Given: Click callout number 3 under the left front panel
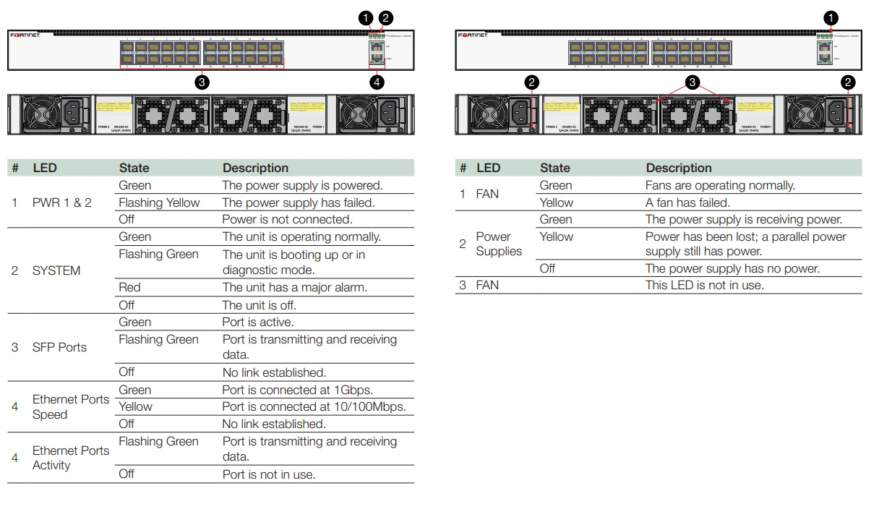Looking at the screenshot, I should (202, 82).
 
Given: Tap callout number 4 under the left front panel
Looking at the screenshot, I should (377, 82).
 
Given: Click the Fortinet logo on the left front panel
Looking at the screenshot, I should (25, 35).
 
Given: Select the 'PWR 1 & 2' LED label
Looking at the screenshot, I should (62, 202).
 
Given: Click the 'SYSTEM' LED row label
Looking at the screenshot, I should (56, 270).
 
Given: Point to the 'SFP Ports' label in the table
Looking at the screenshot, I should (59, 347).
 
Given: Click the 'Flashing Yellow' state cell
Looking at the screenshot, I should (159, 202).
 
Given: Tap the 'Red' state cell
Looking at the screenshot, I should (129, 287).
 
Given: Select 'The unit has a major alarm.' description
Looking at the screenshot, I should (295, 287).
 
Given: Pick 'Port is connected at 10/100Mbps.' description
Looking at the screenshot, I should (314, 406).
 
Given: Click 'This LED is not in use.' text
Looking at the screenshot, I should (705, 285).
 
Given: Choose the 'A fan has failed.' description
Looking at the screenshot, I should (687, 202).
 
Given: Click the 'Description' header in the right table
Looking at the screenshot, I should (679, 168).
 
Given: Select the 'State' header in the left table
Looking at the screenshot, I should (134, 168).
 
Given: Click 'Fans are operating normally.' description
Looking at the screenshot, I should (720, 185).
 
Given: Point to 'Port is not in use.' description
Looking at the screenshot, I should (269, 474).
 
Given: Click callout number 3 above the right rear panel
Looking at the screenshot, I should (693, 82).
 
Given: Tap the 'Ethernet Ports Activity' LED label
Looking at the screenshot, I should (71, 458).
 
